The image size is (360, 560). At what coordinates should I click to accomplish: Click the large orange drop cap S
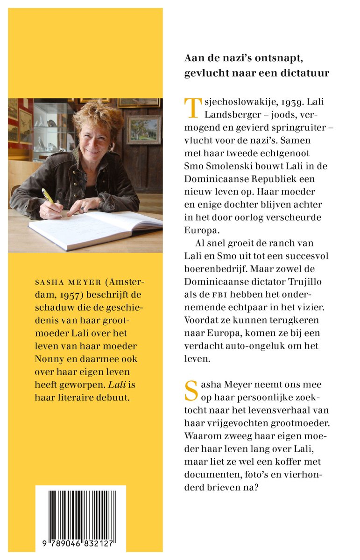coord(191,390)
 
